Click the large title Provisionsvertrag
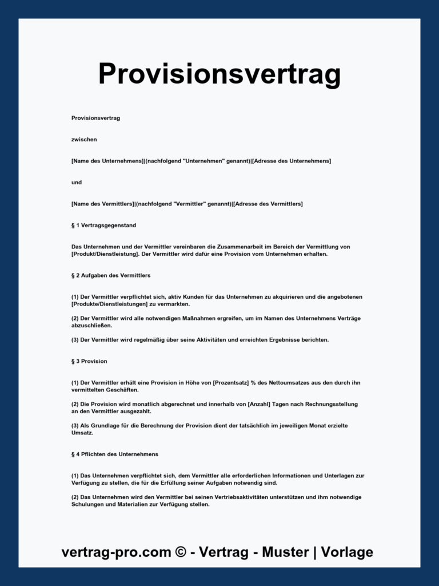(219, 74)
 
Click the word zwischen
(84, 140)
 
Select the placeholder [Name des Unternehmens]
(107, 161)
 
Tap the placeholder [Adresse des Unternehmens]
(292, 161)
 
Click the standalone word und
(77, 183)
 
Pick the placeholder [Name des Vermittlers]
(103, 204)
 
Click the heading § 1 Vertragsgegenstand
(103, 225)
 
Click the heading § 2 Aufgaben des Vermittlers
(111, 275)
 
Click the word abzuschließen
(92, 326)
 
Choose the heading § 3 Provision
(89, 361)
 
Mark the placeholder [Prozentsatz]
(230, 383)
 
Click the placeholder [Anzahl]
(258, 404)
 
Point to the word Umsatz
(82, 433)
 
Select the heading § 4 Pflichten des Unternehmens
(115, 454)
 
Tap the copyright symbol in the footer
(181, 552)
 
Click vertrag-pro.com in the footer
(117, 552)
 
